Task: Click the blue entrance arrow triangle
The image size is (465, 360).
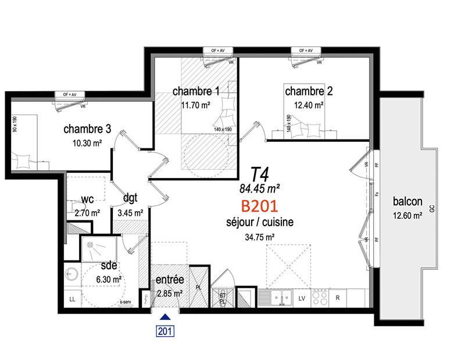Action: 165,317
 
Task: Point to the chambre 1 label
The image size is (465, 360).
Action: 196,91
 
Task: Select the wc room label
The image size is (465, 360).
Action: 87,199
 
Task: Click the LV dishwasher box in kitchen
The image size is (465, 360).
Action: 302,298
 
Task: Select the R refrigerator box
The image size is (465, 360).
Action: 337,298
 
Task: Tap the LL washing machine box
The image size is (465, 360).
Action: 73,299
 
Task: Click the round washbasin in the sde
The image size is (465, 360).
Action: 73,273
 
